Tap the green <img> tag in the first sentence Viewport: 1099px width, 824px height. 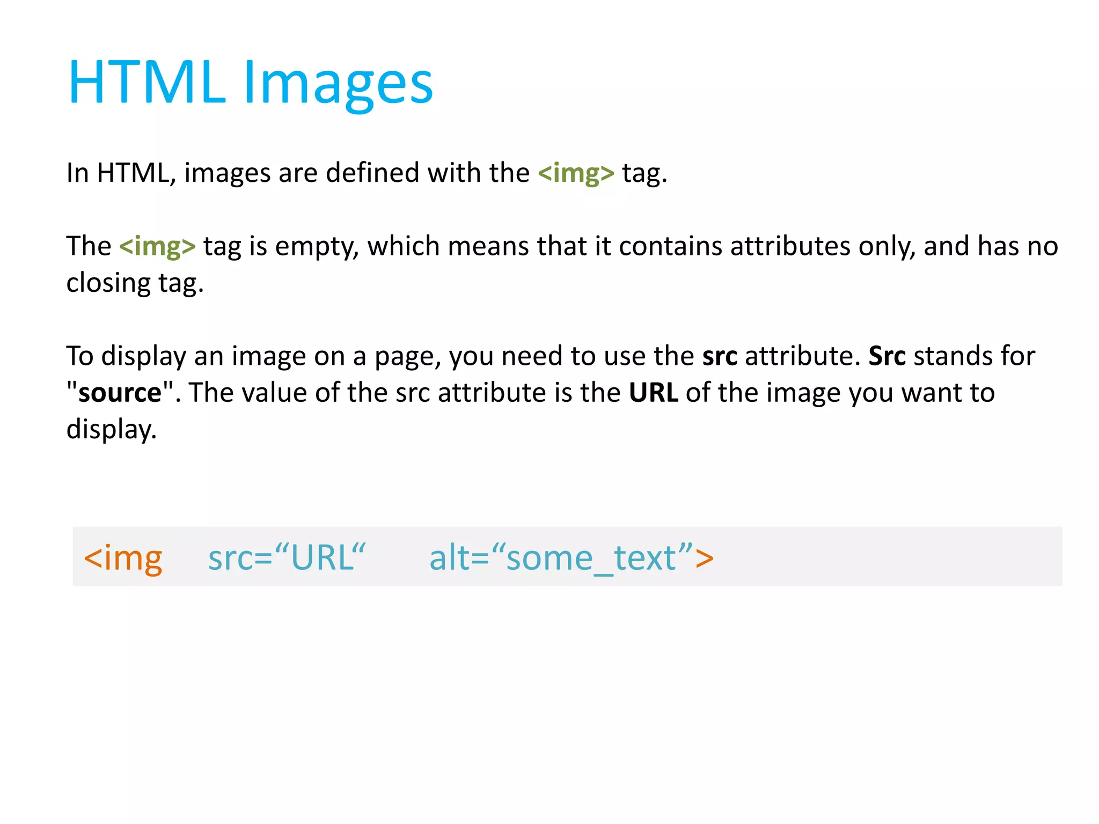[x=576, y=173]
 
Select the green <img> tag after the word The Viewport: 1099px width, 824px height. [x=157, y=247]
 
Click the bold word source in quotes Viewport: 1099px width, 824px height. [x=120, y=393]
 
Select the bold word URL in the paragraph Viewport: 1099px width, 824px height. [x=653, y=393]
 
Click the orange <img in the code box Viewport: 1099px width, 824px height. [x=123, y=558]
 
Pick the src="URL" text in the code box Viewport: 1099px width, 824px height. [x=287, y=558]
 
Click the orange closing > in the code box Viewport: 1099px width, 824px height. [x=704, y=558]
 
